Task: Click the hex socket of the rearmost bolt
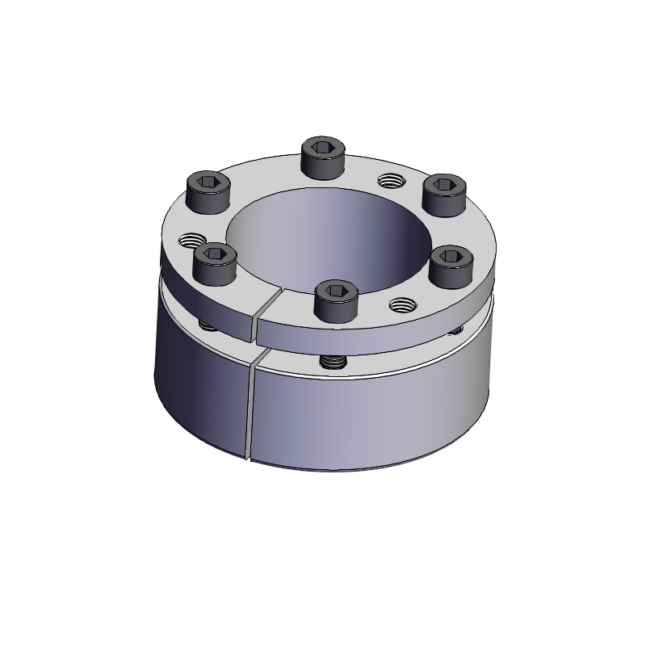(x=323, y=147)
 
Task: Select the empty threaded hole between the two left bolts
(x=192, y=240)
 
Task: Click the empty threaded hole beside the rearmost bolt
(x=389, y=179)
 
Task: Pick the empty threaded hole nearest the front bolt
(x=401, y=304)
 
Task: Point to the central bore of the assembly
(x=323, y=234)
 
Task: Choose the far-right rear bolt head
(x=442, y=192)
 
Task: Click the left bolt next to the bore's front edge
(x=215, y=262)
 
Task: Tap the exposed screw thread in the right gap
(x=458, y=329)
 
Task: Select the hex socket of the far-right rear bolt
(x=442, y=183)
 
